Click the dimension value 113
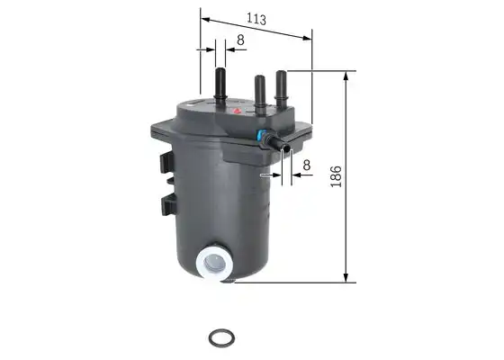[x=256, y=19]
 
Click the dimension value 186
[x=336, y=176]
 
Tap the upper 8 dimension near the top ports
[x=240, y=40]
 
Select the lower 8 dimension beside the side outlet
[x=307, y=166]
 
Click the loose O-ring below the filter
[x=221, y=337]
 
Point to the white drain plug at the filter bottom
[x=215, y=262]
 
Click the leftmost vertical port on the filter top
[x=220, y=85]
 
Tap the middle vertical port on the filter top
[x=260, y=94]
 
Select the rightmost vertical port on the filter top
[x=281, y=87]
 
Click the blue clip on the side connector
[x=261, y=135]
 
